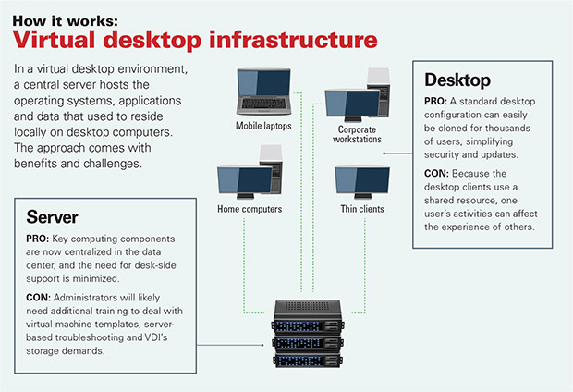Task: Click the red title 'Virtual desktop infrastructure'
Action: [194, 40]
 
